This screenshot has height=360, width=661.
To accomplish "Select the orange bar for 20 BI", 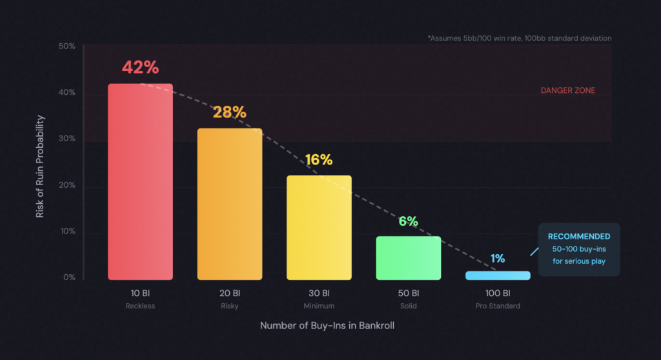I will pyautogui.click(x=230, y=204).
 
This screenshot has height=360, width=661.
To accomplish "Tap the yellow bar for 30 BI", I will pyautogui.click(x=319, y=227).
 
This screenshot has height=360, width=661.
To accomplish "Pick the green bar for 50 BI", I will pyautogui.click(x=409, y=257).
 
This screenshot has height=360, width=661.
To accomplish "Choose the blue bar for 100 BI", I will pyautogui.click(x=498, y=275).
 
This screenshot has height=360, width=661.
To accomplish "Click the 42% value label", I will pyautogui.click(x=140, y=68).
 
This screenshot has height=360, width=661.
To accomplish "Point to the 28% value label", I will pyautogui.click(x=230, y=112).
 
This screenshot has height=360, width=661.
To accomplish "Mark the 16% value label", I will pyautogui.click(x=319, y=160).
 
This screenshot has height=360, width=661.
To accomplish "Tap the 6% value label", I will pyautogui.click(x=409, y=221).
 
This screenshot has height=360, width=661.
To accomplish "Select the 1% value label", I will pyautogui.click(x=498, y=258).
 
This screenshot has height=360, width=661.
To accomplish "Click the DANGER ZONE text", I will pyautogui.click(x=568, y=91).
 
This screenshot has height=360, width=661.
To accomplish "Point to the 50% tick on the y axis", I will pyautogui.click(x=67, y=46).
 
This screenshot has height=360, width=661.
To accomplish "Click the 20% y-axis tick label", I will pyautogui.click(x=67, y=185).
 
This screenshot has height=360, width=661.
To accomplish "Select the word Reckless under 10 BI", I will pyautogui.click(x=140, y=306).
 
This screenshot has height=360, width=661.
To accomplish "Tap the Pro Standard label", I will pyautogui.click(x=498, y=306).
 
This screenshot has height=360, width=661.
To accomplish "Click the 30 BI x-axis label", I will pyautogui.click(x=319, y=293).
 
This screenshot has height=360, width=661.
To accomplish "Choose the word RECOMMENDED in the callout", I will pyautogui.click(x=579, y=236).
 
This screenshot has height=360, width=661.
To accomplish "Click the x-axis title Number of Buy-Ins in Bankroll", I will pyautogui.click(x=327, y=326).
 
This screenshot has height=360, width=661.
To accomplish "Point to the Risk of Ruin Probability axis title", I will pyautogui.click(x=40, y=166).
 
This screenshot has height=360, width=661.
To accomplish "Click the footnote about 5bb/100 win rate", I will pyautogui.click(x=519, y=38).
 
